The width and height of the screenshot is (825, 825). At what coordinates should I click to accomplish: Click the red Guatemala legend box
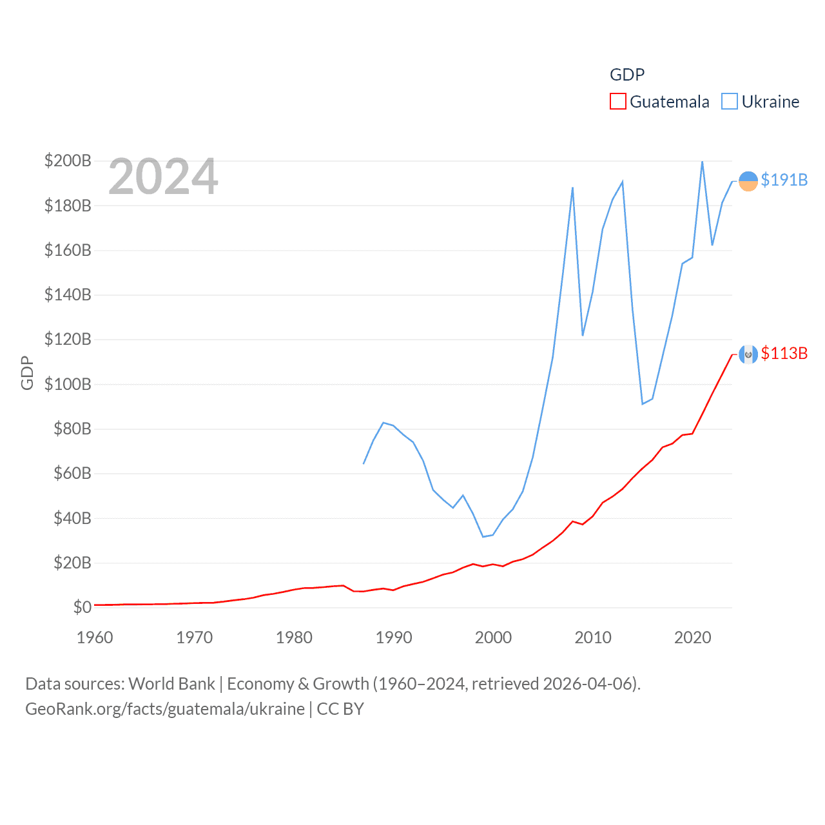click(617, 102)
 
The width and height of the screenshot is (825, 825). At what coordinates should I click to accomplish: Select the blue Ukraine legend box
click(729, 102)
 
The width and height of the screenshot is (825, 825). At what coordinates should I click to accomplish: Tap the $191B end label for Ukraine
click(784, 180)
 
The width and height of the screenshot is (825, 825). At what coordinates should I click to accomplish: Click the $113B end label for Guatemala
click(784, 353)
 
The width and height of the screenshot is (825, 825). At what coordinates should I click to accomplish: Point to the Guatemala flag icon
click(748, 354)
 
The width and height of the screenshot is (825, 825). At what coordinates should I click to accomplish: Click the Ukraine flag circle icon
click(748, 181)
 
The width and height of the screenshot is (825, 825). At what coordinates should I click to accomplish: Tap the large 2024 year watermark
click(163, 177)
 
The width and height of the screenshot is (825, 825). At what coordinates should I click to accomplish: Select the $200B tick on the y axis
click(68, 160)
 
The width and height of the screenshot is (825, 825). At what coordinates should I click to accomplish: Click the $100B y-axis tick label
click(68, 384)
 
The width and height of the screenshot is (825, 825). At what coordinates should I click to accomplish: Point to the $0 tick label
click(82, 607)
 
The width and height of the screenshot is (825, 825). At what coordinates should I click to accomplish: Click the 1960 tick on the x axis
click(95, 637)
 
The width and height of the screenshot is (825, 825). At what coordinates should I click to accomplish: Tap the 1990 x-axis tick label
click(394, 637)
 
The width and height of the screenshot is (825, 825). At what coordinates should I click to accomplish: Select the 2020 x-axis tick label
click(692, 637)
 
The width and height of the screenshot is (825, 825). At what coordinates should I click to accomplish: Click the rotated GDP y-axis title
click(26, 373)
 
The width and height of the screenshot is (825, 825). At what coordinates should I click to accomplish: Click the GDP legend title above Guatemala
click(626, 75)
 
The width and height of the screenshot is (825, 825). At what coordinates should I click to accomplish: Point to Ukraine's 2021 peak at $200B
click(702, 161)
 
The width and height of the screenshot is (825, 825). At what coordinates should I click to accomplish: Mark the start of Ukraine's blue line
click(364, 463)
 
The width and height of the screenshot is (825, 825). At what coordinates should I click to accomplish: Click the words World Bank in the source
click(171, 683)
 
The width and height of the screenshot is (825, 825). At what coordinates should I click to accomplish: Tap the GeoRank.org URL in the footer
click(165, 709)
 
